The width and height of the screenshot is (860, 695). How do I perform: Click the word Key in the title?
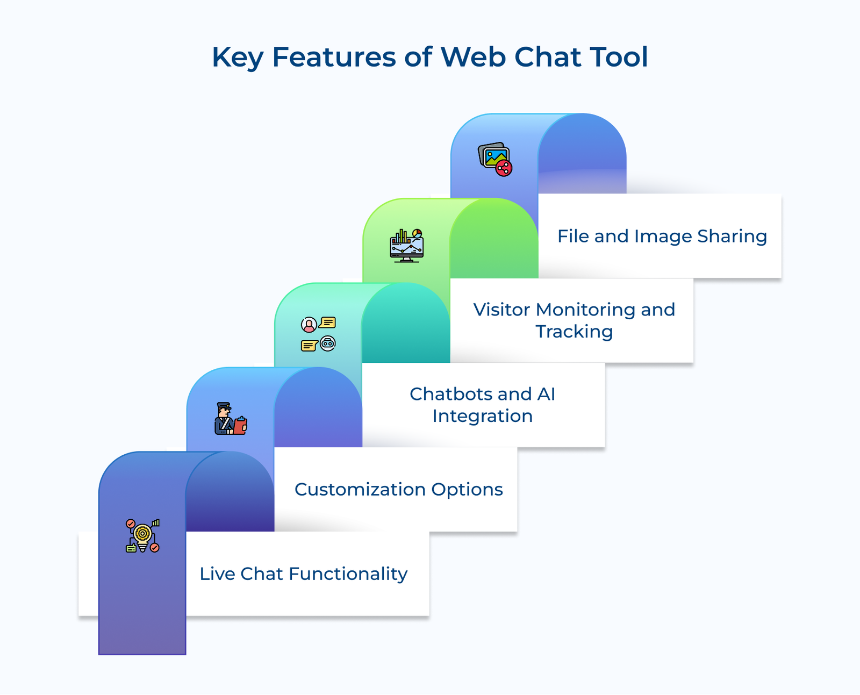click(x=237, y=58)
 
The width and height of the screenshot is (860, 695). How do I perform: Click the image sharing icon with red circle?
click(x=495, y=160)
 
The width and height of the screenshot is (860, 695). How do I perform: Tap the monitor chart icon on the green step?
click(x=406, y=246)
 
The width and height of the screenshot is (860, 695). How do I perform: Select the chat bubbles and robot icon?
click(x=318, y=334)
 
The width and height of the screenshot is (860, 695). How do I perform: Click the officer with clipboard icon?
click(x=231, y=419)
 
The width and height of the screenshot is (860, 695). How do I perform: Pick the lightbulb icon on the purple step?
click(x=142, y=536)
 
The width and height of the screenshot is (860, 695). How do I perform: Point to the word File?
click(x=573, y=236)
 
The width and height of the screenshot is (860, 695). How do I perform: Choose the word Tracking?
click(x=574, y=332)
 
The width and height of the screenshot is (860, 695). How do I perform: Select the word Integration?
click(x=482, y=416)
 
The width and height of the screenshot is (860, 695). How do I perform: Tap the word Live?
click(x=217, y=574)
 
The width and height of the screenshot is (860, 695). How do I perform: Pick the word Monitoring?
click(x=585, y=310)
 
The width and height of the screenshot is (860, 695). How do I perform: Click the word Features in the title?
click(x=334, y=57)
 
